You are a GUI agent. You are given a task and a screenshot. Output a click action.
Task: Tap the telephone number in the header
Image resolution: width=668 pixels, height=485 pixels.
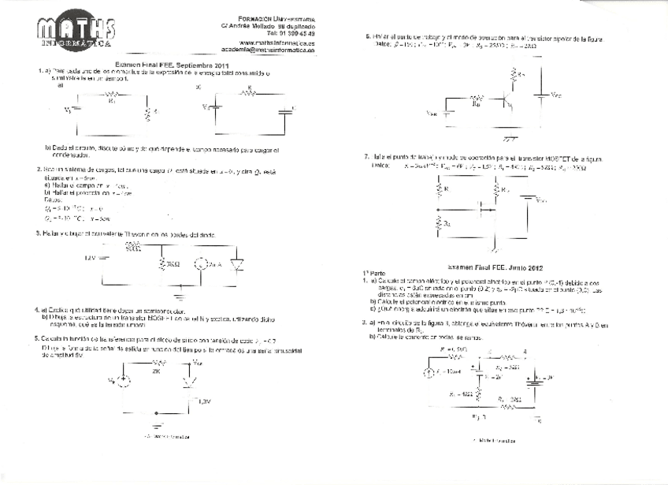pyautogui.click(x=290, y=33)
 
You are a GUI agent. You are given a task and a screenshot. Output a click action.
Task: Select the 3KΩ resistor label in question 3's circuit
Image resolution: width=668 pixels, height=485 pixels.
pyautogui.click(x=171, y=263)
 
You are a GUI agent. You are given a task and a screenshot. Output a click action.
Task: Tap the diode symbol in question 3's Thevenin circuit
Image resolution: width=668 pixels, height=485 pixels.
pyautogui.click(x=233, y=264)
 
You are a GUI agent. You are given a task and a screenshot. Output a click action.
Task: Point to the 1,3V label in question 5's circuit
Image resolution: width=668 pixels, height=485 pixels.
pyautogui.click(x=204, y=400)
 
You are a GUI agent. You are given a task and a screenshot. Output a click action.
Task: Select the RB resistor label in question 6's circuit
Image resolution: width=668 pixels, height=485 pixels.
pyautogui.click(x=475, y=103)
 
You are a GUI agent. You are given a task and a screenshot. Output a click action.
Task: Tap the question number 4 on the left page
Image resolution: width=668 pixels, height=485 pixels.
pyautogui.click(x=39, y=310)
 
